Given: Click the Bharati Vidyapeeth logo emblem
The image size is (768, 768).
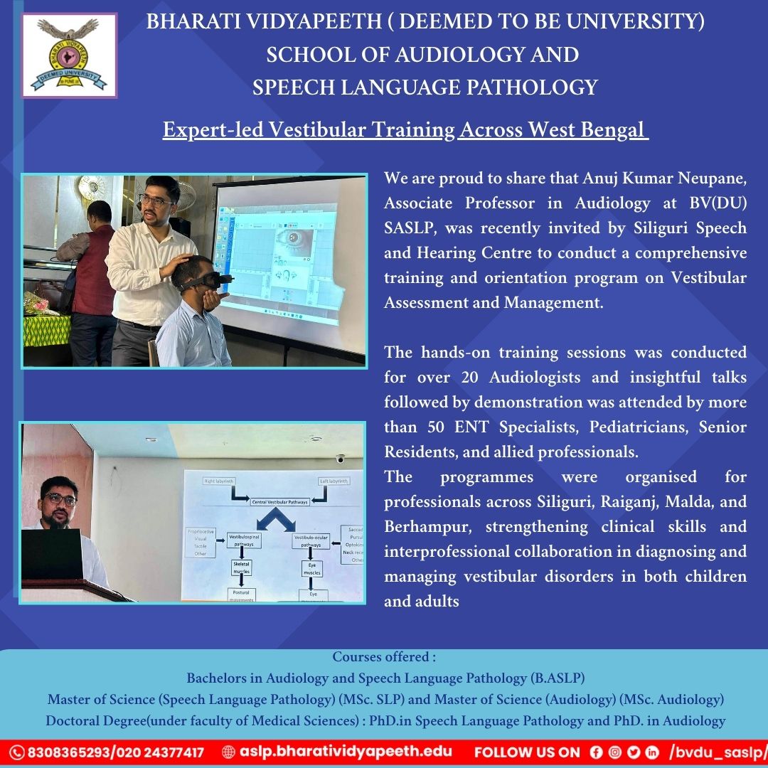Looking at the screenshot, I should pyautogui.click(x=69, y=55).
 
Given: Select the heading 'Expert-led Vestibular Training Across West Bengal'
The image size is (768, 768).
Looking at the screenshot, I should pyautogui.click(x=405, y=130).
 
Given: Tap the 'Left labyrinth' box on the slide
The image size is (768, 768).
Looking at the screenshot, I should pyautogui.click(x=334, y=481).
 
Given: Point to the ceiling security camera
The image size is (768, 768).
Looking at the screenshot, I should pyautogui.click(x=340, y=459).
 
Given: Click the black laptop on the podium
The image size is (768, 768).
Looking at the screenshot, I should pyautogui.click(x=51, y=555).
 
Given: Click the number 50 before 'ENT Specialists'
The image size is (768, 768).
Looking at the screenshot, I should pyautogui.click(x=437, y=427).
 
